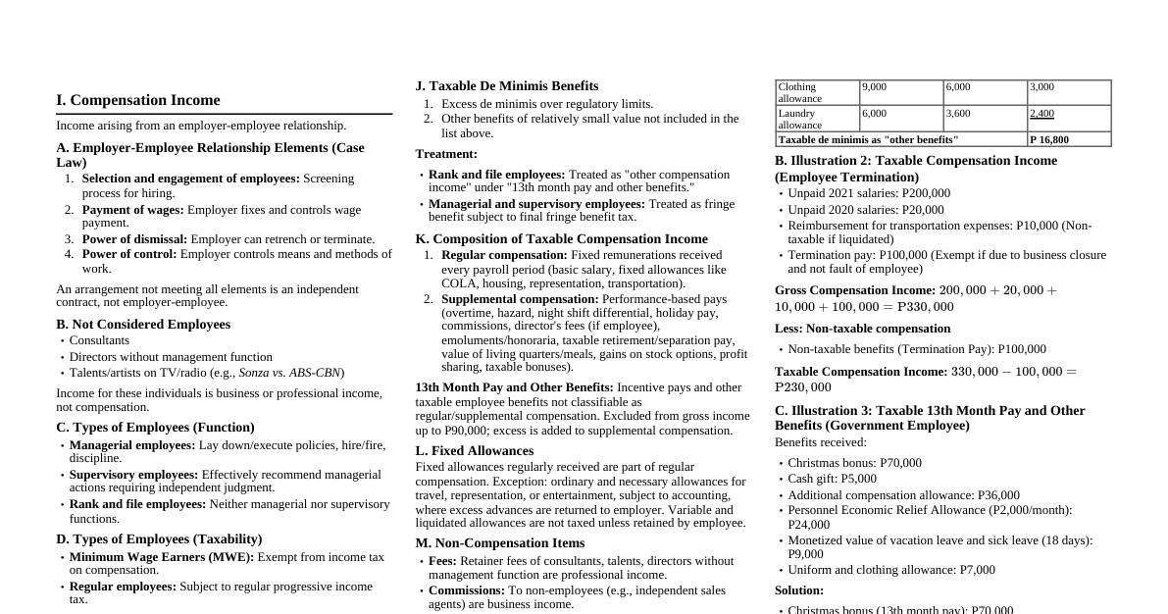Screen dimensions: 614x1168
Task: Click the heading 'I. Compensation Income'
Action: click(138, 100)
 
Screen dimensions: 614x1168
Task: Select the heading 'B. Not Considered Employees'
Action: click(143, 325)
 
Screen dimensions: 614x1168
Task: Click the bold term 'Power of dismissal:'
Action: click(134, 239)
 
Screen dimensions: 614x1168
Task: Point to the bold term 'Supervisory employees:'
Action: click(133, 475)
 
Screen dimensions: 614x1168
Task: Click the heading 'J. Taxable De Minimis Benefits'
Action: click(506, 86)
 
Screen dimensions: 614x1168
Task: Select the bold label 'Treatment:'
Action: click(446, 154)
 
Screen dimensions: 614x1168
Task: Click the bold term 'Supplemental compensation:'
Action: click(520, 299)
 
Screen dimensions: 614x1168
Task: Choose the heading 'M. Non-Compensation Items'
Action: click(499, 543)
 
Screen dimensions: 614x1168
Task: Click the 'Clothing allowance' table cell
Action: click(817, 93)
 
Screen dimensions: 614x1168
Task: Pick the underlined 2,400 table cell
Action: click(1041, 114)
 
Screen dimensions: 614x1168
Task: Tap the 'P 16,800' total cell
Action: click(1068, 139)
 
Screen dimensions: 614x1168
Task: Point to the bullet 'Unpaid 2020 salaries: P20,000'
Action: click(865, 210)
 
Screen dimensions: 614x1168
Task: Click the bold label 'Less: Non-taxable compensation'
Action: click(862, 329)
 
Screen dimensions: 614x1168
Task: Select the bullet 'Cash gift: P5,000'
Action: click(832, 479)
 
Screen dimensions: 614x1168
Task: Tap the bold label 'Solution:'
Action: click(799, 590)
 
